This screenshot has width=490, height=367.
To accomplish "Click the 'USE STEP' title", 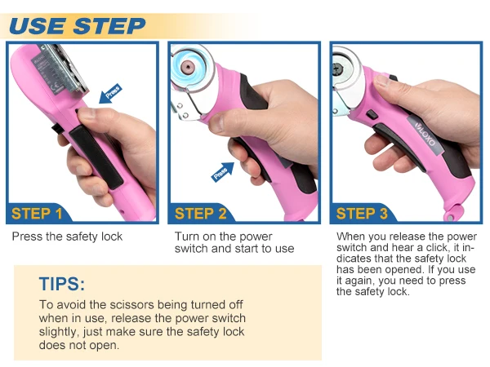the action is (x=78, y=25).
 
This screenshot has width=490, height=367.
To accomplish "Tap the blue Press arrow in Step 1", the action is (x=110, y=94).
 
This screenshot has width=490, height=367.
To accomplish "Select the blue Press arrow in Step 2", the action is (x=223, y=171).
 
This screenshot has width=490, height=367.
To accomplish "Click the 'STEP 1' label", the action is (x=37, y=214).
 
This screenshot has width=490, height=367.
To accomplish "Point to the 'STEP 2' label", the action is (x=200, y=214).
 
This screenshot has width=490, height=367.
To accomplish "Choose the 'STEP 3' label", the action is (x=362, y=214).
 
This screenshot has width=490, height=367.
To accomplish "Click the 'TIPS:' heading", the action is (x=62, y=284).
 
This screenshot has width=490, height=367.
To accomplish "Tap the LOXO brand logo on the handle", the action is (x=425, y=135).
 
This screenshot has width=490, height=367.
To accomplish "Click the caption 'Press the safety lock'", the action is (x=67, y=237).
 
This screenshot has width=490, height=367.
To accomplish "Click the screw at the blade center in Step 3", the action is (x=337, y=67).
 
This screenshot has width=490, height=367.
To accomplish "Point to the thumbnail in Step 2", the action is (x=216, y=124).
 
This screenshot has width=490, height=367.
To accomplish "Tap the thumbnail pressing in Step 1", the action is (x=86, y=113).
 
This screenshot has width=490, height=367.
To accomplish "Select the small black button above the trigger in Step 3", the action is (x=372, y=114).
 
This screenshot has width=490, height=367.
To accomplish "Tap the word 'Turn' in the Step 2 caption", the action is (x=186, y=237).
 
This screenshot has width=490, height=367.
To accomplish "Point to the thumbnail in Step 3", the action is (x=382, y=80).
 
